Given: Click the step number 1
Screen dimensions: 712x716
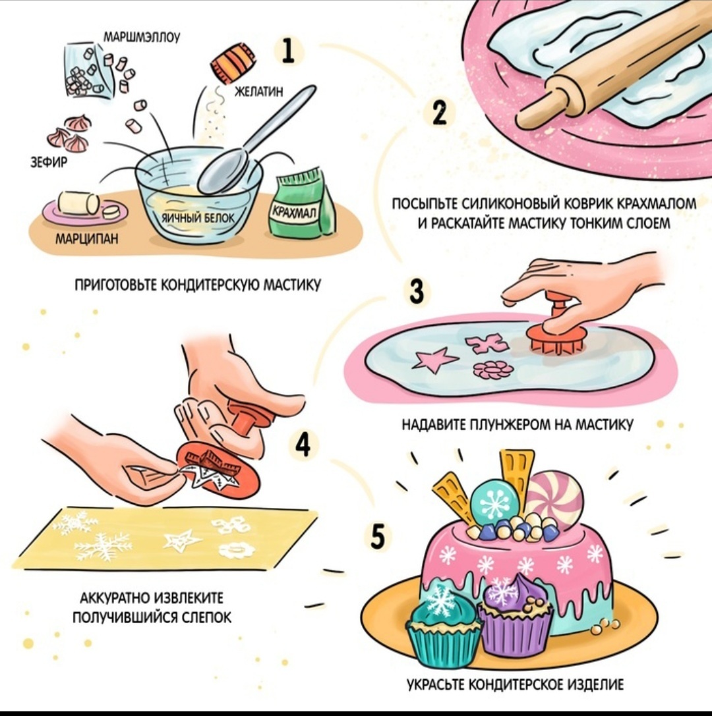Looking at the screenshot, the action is click(288, 51).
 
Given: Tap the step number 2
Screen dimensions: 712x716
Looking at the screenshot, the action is click(439, 113).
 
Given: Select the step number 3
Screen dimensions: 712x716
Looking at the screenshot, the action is click(417, 291).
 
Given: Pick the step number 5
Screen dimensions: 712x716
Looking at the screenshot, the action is click(378, 536).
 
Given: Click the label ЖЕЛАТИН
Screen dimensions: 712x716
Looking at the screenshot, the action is click(258, 92).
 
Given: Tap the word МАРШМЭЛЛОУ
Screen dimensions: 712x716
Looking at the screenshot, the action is click(142, 37).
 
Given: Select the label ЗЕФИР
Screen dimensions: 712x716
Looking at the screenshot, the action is click(48, 161).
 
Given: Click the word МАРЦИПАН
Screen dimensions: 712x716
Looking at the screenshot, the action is click(87, 238).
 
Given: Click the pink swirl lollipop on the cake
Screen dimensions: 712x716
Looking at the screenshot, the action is click(554, 499).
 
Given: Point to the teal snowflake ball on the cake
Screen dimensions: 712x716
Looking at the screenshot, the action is click(494, 503).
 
